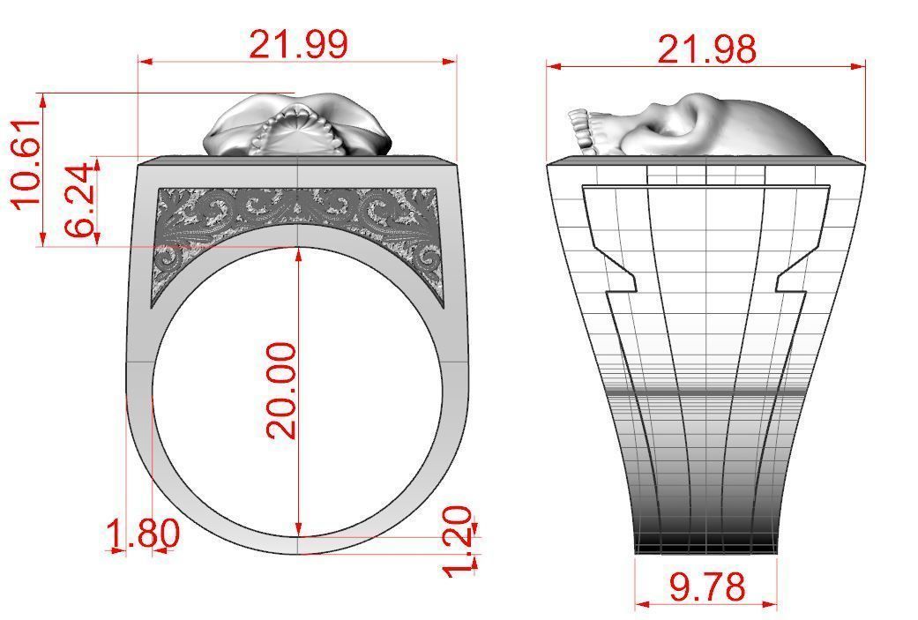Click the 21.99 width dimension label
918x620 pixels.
pyautogui.click(x=298, y=43)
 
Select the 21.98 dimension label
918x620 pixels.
pyautogui.click(x=706, y=49)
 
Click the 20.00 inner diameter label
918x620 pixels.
pyautogui.click(x=282, y=391)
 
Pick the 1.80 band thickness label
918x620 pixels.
pyautogui.click(x=143, y=534)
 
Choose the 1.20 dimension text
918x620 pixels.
pyautogui.click(x=458, y=542)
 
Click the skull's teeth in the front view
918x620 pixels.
pyautogui.click(x=298, y=124)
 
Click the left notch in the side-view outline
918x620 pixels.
pyautogui.click(x=613, y=265)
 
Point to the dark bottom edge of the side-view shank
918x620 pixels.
pyautogui.click(x=706, y=549)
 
